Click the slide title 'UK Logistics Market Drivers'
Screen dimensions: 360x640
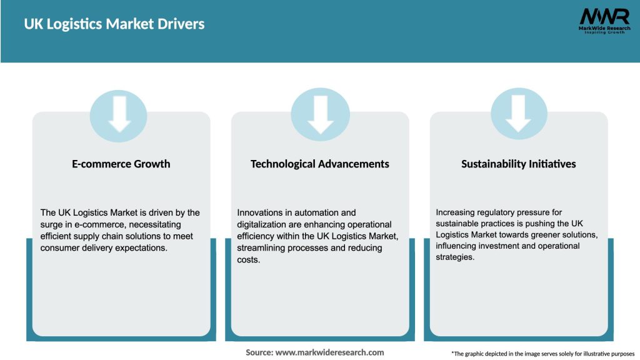[x=114, y=24]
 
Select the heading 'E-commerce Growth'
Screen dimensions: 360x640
[x=121, y=164]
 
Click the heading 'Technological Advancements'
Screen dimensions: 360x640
[x=319, y=164]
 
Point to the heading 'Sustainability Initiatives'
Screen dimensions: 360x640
[x=519, y=164]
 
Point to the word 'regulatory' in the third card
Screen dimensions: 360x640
[x=496, y=212]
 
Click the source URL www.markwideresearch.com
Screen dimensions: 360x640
[x=330, y=352]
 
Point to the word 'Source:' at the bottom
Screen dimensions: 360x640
[x=259, y=352]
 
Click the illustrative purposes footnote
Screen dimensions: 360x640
[x=542, y=354]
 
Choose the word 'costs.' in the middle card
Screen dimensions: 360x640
[x=248, y=259]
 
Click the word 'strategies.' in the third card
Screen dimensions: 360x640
[x=456, y=257]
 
